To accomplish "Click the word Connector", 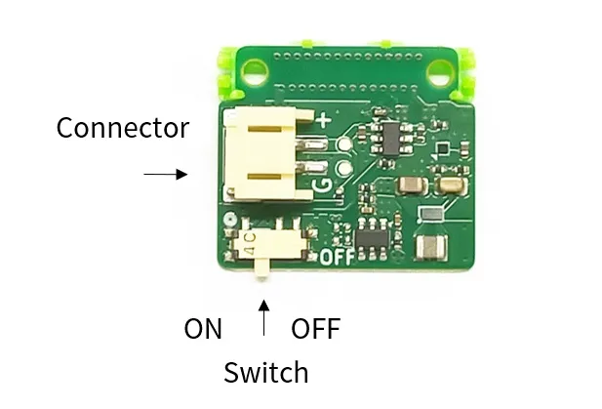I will click(x=122, y=128).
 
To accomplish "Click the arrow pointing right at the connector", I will click(x=165, y=174).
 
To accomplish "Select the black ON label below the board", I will click(x=203, y=329).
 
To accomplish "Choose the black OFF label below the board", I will click(x=315, y=329).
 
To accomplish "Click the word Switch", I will click(x=265, y=372).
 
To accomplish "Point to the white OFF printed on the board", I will click(x=335, y=259).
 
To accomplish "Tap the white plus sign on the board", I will click(x=323, y=119).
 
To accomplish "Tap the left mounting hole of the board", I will click(x=255, y=70).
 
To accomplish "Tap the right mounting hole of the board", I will click(x=441, y=70).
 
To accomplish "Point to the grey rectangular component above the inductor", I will click(x=430, y=213).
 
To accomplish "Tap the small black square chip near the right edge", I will click(x=443, y=148).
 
